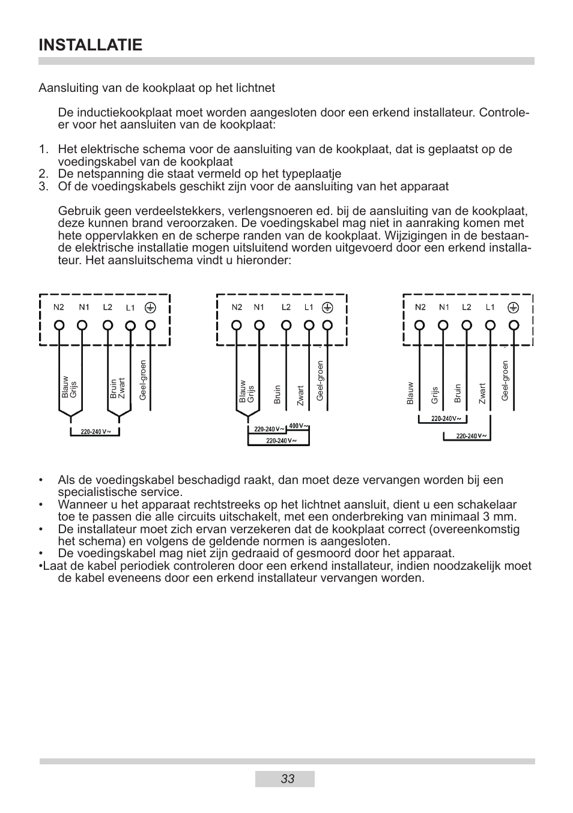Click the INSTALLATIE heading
pyautogui.click(x=91, y=45)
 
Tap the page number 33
pyautogui.click(x=287, y=779)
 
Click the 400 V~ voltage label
pyautogui.click(x=298, y=426)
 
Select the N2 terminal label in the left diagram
pyautogui.click(x=58, y=307)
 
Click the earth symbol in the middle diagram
pyautogui.click(x=327, y=307)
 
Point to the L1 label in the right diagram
pyautogui.click(x=490, y=307)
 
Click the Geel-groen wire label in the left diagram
pyautogui.click(x=143, y=381)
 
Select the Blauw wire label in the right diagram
pyautogui.click(x=410, y=393)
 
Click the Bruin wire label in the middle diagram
pyautogui.click(x=277, y=394)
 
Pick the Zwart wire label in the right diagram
pyautogui.click(x=482, y=393)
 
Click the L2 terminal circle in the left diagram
pyautogui.click(x=108, y=325)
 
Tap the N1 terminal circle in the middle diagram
pyautogui.click(x=259, y=325)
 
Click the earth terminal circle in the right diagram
pyautogui.click(x=514, y=325)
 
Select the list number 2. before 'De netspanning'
pyautogui.click(x=43, y=174)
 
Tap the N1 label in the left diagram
pyautogui.click(x=84, y=307)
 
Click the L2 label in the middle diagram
pyautogui.click(x=286, y=307)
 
